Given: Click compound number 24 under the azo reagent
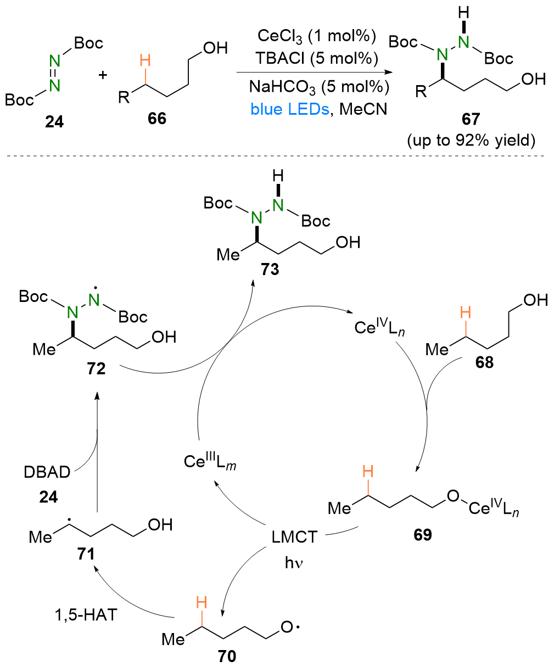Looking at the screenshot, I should pyautogui.click(x=54, y=122).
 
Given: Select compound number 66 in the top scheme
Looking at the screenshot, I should pyautogui.click(x=157, y=118).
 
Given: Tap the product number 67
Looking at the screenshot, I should pyautogui.click(x=471, y=119).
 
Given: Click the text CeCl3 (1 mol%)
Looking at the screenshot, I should pyautogui.click(x=317, y=37).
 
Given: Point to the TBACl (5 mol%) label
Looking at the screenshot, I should pyautogui.click(x=317, y=58).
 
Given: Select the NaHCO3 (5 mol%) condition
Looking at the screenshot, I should pyautogui.click(x=318, y=87).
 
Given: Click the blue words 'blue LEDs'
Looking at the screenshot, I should pyautogui.click(x=289, y=109).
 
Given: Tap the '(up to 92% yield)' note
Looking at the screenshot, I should pyautogui.click(x=471, y=141).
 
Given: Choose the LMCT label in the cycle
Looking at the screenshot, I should pyautogui.click(x=295, y=536).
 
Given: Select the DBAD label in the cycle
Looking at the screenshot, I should pyautogui.click(x=48, y=472).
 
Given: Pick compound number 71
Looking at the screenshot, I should pyautogui.click(x=86, y=555).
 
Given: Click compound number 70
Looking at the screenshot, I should pyautogui.click(x=227, y=656).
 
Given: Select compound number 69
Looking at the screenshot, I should pyautogui.click(x=423, y=534).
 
